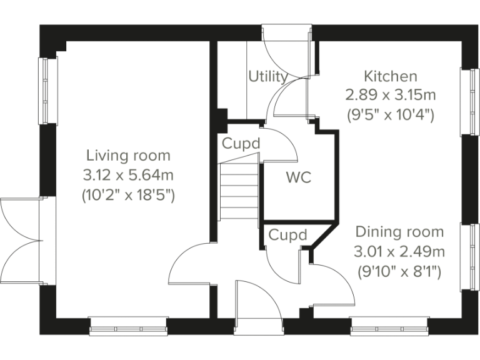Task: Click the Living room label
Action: pos(128,155)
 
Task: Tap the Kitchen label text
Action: pos(391,76)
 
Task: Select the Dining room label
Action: pos(399,232)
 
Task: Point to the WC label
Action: pos(298,177)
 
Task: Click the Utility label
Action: pos(267,77)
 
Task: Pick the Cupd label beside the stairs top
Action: pos(241,144)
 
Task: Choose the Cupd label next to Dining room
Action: pos(288,235)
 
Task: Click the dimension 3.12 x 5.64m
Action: pos(128,175)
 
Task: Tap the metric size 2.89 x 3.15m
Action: pos(391,96)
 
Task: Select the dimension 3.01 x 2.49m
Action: pos(399,252)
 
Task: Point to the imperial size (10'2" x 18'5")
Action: pos(128,195)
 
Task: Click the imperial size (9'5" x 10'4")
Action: pos(391,115)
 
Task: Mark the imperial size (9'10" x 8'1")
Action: pos(399,271)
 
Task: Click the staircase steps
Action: pos(239,191)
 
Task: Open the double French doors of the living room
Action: pos(22,241)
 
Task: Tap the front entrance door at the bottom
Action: pos(257,306)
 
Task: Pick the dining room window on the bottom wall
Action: pos(389,326)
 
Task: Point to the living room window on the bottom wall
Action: pos(129,326)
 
